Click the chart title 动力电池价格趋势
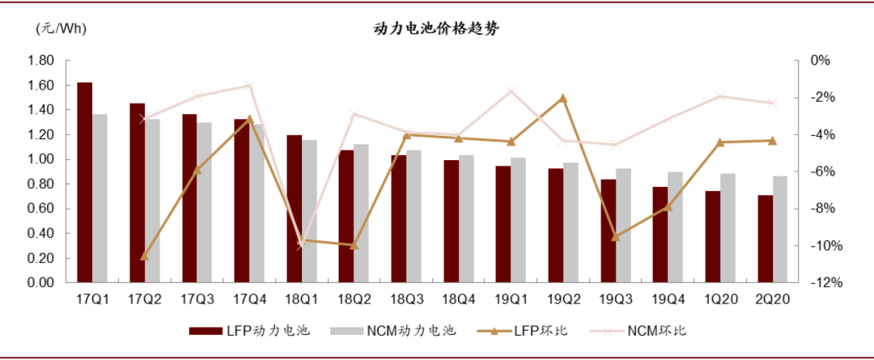click(x=436, y=29)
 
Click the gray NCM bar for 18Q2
click(x=361, y=214)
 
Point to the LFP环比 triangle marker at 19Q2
click(x=563, y=98)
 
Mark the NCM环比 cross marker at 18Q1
click(x=301, y=244)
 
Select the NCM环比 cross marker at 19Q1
click(x=511, y=91)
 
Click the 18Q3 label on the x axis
click(x=406, y=299)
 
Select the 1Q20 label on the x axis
click(x=720, y=299)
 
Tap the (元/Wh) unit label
click(x=61, y=29)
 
